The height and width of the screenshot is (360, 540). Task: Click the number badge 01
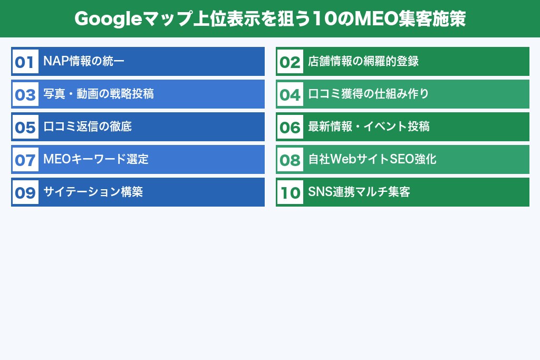[x=25, y=62]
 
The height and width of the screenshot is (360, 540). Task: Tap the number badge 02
[x=290, y=62]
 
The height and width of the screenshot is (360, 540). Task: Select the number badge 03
[x=25, y=94]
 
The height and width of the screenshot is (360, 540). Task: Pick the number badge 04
[x=290, y=94]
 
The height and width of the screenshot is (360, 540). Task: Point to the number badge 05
[x=25, y=127]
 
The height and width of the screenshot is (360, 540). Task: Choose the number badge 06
[x=290, y=127]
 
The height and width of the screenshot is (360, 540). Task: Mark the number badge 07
[x=25, y=160]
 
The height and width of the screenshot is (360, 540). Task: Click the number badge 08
[x=290, y=160]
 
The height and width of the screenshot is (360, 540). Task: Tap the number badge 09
[x=25, y=192]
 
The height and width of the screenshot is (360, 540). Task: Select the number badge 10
[x=290, y=192]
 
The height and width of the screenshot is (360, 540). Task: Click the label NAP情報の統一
[x=84, y=61]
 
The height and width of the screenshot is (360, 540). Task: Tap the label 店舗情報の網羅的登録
[x=363, y=61]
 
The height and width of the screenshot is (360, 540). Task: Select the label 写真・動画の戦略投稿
[x=99, y=94]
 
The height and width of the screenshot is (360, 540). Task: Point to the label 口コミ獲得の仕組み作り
[x=369, y=94]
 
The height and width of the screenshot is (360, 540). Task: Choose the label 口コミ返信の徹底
[x=88, y=127]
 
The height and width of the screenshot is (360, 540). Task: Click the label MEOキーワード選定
[x=96, y=159]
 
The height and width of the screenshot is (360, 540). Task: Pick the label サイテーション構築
[x=93, y=192]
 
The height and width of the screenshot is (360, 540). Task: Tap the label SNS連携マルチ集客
[x=359, y=192]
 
